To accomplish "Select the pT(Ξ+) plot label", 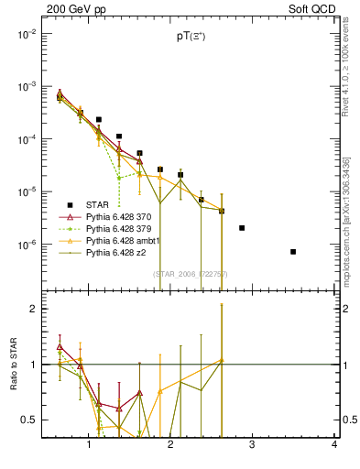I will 191,36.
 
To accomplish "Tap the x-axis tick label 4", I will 334,444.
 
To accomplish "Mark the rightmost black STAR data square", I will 293,252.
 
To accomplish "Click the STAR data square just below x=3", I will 242,228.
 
